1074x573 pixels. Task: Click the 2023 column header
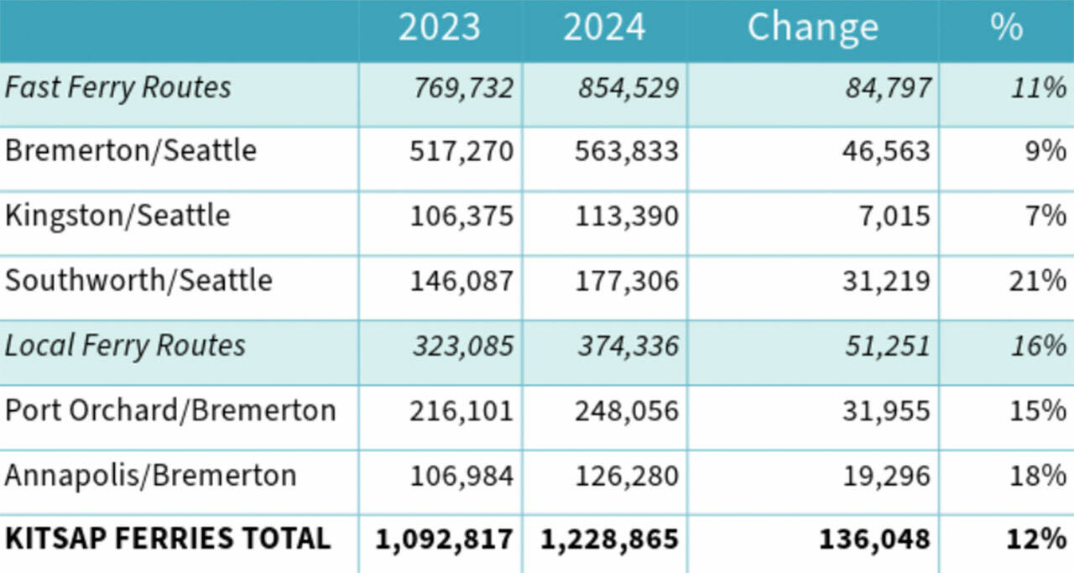(439, 27)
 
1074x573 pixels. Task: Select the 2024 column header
(604, 27)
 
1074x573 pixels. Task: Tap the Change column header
(812, 27)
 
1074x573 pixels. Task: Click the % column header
(1005, 27)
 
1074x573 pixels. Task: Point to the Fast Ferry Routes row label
(118, 87)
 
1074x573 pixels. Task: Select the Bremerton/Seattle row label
(131, 151)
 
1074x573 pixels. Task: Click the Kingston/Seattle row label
(117, 216)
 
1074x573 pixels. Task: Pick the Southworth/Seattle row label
(138, 280)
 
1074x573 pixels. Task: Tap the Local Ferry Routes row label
(125, 346)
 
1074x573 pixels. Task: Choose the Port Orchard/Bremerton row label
(170, 410)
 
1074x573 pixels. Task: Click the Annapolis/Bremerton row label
(151, 475)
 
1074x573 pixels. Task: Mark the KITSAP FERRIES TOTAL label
(168, 539)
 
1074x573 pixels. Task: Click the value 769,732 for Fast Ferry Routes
(462, 88)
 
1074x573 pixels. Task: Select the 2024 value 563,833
(627, 152)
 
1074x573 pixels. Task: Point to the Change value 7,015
(899, 216)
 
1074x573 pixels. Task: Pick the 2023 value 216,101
(461, 411)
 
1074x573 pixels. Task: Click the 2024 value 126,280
(627, 476)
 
